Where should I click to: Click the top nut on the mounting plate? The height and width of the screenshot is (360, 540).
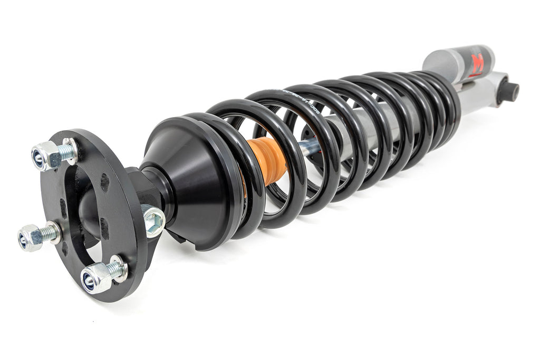[x=46, y=155]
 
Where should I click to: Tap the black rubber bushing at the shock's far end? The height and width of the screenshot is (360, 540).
[x=508, y=91]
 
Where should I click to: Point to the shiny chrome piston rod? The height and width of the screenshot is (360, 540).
[x=308, y=147]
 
